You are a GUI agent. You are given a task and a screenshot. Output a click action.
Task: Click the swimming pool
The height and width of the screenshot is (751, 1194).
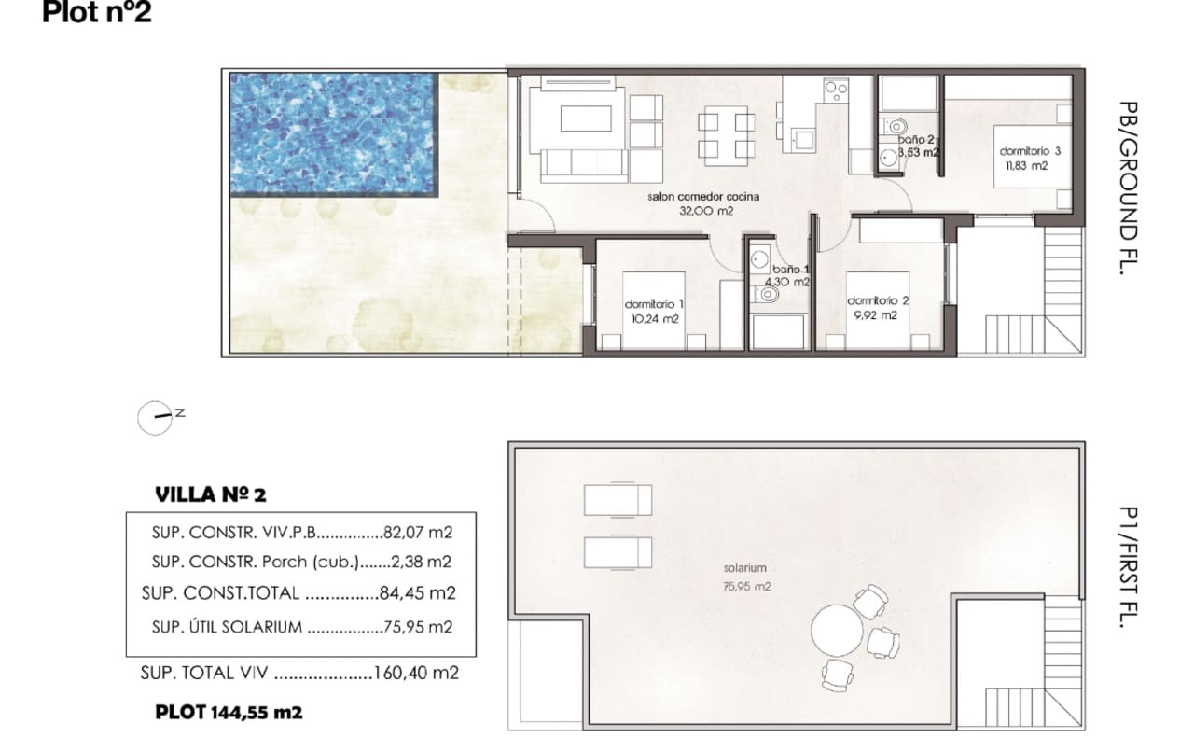(x=334, y=134)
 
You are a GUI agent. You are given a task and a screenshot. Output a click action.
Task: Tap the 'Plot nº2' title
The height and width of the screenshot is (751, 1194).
(x=96, y=13)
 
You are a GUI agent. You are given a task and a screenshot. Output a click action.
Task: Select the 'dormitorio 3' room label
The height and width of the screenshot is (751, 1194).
(x=1030, y=151)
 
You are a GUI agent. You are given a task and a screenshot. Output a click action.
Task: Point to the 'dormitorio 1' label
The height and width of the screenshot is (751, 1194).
(x=654, y=304)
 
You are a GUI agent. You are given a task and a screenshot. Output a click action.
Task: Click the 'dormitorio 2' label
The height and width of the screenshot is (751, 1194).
(x=878, y=300)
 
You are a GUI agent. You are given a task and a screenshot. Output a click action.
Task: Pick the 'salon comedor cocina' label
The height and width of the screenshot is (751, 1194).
(x=703, y=197)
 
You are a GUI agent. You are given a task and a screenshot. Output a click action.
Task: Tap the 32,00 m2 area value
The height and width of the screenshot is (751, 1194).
(x=706, y=211)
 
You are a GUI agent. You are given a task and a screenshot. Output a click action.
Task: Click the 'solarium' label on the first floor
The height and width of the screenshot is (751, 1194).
(x=744, y=568)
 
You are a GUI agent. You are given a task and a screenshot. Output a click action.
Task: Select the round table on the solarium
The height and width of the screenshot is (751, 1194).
(x=837, y=631)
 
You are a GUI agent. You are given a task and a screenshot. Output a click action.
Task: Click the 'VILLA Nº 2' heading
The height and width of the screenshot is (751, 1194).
(x=211, y=494)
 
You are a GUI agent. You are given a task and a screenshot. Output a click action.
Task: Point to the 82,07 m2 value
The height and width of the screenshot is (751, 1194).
(x=418, y=533)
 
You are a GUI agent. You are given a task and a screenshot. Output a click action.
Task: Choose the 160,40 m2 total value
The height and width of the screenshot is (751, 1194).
(x=416, y=673)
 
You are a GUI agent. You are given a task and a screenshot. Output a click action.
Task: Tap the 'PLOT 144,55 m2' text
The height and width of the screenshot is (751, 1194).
(x=229, y=713)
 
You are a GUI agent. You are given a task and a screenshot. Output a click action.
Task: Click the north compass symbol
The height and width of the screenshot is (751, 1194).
(x=155, y=418)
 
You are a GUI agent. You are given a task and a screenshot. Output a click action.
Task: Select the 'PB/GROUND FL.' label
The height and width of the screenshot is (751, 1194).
(x=1128, y=188)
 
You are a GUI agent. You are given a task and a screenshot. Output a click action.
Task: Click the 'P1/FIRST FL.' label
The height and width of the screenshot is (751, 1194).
(x=1128, y=567)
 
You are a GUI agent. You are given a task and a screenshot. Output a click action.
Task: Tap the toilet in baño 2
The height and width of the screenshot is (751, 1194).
(x=894, y=127)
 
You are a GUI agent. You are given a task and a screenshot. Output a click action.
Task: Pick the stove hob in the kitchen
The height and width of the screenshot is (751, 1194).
(x=836, y=90)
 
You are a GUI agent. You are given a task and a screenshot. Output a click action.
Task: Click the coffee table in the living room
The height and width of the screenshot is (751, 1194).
(x=586, y=118)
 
